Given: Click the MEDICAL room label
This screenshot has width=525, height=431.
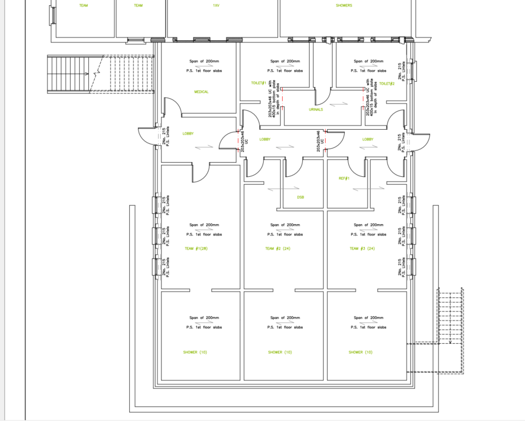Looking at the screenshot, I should [201, 92].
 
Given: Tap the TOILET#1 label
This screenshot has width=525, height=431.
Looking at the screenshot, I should [258, 83].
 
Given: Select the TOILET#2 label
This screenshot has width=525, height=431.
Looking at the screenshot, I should [387, 84].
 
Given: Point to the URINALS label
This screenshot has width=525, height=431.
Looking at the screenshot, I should [316, 110].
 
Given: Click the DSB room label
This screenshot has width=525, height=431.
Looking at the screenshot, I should [300, 197].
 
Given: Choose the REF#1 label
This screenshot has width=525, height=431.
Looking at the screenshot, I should [344, 178].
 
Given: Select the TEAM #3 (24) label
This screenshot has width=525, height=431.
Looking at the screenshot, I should [362, 249].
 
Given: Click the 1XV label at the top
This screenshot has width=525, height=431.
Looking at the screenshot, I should [215, 6].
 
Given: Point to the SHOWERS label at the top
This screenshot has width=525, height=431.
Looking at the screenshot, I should [344, 6].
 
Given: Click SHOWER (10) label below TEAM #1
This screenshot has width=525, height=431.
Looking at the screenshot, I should [195, 352].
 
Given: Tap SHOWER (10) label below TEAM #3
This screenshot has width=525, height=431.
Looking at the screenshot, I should [360, 352].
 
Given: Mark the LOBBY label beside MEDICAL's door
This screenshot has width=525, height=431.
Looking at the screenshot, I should [188, 134].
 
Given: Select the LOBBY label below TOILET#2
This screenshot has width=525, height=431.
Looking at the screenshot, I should [368, 140].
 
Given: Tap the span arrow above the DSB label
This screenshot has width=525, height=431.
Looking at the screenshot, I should [278, 189].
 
